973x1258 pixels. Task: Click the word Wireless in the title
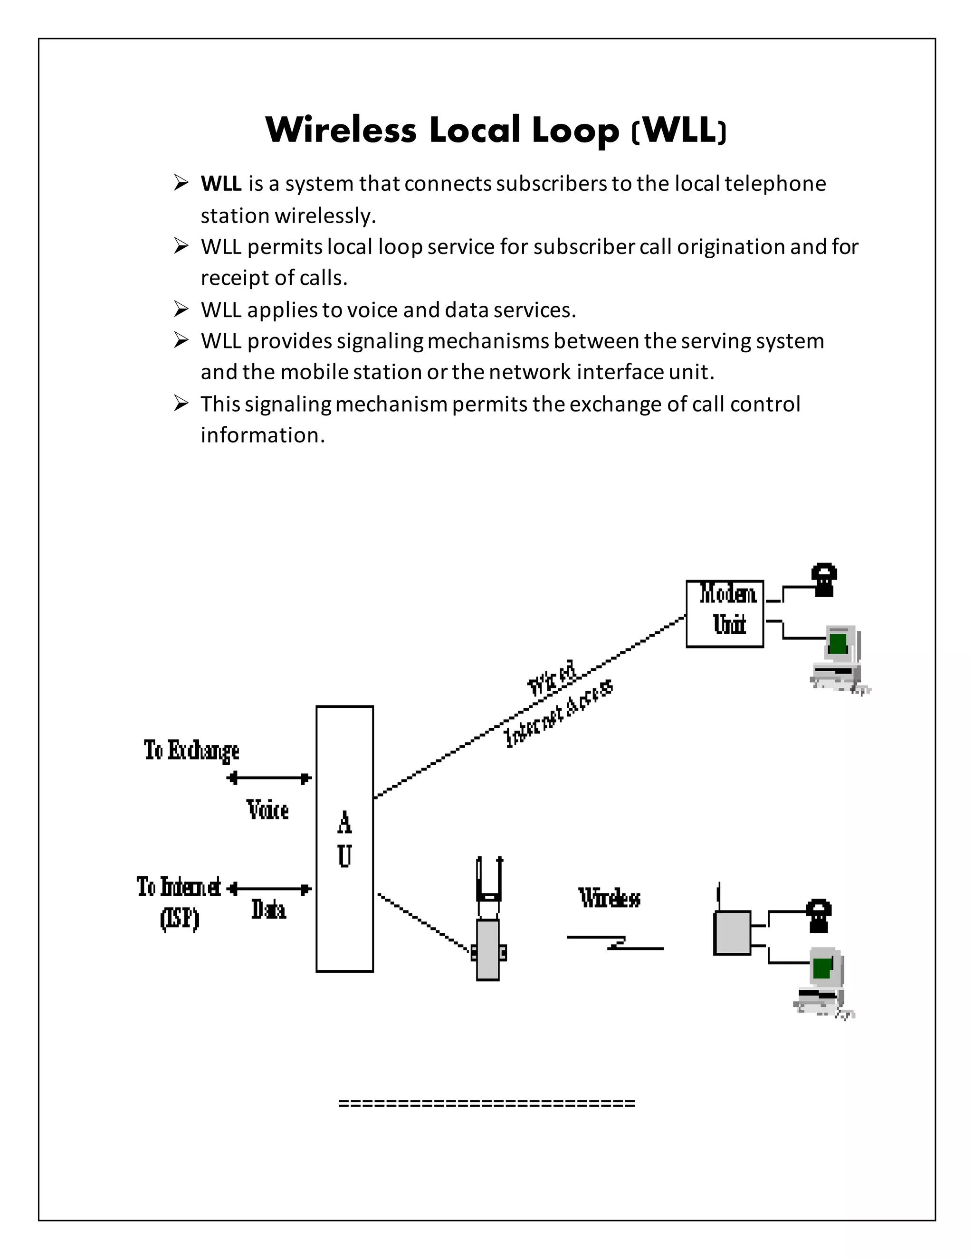[x=341, y=130]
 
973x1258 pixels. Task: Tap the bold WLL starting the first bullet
[x=221, y=184]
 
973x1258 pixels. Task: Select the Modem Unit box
[x=725, y=613]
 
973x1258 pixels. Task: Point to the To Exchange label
[x=191, y=751]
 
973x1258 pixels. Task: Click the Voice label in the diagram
[x=267, y=810]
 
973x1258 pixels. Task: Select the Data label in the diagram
[x=268, y=910]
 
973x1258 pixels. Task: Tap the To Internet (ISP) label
[x=179, y=901]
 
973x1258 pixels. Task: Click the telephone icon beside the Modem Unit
[x=824, y=580]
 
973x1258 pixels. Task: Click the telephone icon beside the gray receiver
[x=819, y=915]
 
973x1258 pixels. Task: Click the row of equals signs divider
[x=486, y=1104]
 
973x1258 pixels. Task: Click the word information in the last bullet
[x=262, y=435]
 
